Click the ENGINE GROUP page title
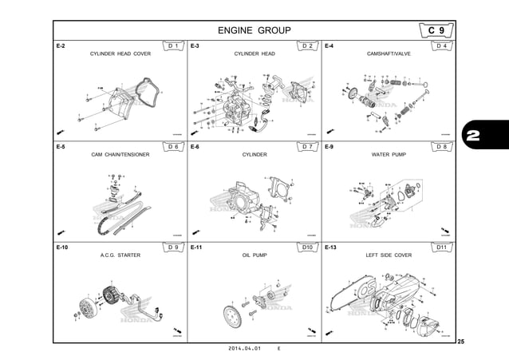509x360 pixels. pyautogui.click(x=254, y=31)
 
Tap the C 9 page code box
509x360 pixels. pyautogui.click(x=436, y=30)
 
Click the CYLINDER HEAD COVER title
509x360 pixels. pyautogui.click(x=120, y=54)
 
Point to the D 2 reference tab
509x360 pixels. pyautogui.click(x=308, y=46)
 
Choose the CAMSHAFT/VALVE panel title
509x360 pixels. pyautogui.click(x=389, y=54)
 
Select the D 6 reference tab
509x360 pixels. pyautogui.click(x=174, y=147)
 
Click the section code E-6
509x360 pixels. pyautogui.click(x=195, y=148)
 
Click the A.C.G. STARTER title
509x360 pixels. pyautogui.click(x=120, y=255)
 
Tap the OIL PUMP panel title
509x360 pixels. pyautogui.click(x=254, y=255)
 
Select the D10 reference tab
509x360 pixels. pyautogui.click(x=308, y=248)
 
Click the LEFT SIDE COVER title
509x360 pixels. pyautogui.click(x=389, y=255)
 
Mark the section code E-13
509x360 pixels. pyautogui.click(x=330, y=248)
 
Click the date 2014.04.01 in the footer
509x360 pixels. pyautogui.click(x=245, y=350)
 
